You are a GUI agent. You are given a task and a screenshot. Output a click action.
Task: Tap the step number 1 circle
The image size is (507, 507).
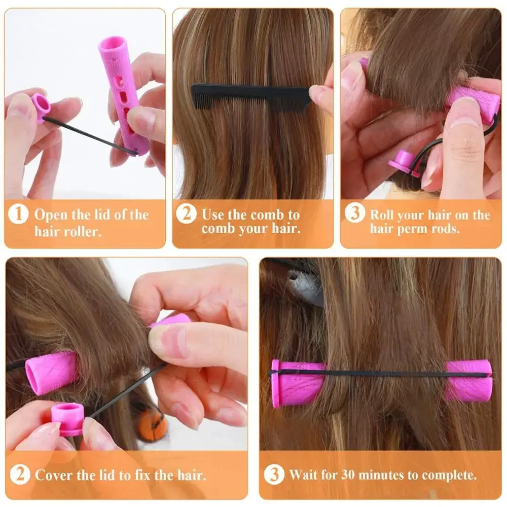(x=18, y=214)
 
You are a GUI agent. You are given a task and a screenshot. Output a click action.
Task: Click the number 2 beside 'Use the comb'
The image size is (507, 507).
(x=186, y=214)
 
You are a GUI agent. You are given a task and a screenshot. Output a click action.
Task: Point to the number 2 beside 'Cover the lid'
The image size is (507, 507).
(x=20, y=475)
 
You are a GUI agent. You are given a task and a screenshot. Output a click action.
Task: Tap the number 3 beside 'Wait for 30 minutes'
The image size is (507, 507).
(x=274, y=475)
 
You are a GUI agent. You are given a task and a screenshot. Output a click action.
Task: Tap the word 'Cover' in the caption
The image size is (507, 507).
(x=53, y=475)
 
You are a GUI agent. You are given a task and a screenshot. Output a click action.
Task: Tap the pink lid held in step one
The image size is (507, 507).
(x=40, y=106)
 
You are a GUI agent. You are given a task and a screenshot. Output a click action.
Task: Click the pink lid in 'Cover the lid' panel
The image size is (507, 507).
(x=67, y=419)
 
